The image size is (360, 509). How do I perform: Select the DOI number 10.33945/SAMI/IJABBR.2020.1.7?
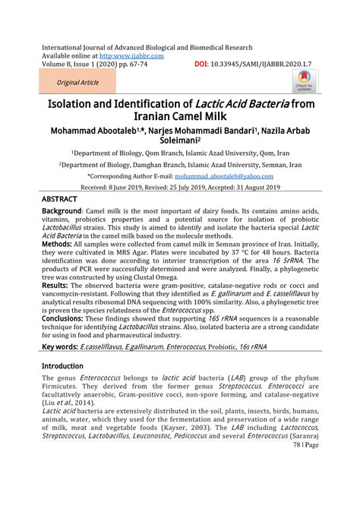click(x=263, y=65)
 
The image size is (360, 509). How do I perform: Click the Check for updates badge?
click(x=305, y=82)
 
